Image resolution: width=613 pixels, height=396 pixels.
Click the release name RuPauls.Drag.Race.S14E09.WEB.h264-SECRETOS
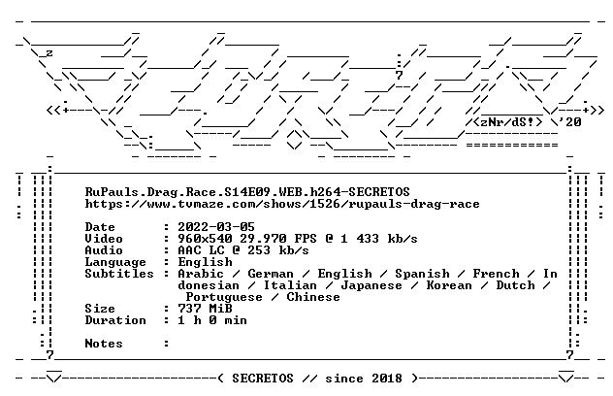click(247, 192)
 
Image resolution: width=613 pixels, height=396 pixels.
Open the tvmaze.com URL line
click(282, 204)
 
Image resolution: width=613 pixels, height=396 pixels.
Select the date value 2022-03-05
click(216, 227)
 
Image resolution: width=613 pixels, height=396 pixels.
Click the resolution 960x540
click(205, 239)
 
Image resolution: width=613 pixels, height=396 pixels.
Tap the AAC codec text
click(189, 250)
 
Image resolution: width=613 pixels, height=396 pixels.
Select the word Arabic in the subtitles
click(201, 274)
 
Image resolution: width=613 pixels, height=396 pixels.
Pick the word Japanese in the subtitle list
click(371, 285)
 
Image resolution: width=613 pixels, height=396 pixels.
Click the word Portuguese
click(224, 297)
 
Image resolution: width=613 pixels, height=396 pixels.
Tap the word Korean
click(449, 285)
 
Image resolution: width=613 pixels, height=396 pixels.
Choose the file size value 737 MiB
click(205, 309)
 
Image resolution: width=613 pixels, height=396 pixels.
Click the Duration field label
click(115, 320)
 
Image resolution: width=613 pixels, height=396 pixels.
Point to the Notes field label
click(104, 344)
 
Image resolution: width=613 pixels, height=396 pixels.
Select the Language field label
click(115, 262)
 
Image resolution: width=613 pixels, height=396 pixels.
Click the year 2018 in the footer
click(387, 379)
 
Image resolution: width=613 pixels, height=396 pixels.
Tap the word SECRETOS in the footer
click(263, 379)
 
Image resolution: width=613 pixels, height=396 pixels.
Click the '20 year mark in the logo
click(570, 122)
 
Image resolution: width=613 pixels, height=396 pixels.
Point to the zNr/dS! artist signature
click(508, 122)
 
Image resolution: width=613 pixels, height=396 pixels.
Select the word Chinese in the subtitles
click(313, 297)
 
